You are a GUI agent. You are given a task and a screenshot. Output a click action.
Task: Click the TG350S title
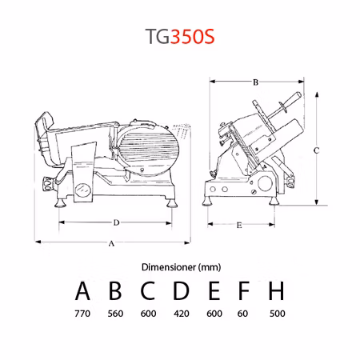(180, 36)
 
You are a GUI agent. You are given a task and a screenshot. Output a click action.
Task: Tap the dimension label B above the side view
(255, 82)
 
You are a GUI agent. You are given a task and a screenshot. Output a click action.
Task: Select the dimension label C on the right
(316, 150)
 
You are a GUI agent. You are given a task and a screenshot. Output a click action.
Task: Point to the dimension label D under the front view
(116, 222)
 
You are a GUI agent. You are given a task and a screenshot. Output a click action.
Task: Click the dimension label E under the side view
(239, 226)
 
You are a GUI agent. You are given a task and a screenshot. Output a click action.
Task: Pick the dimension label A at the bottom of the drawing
(111, 243)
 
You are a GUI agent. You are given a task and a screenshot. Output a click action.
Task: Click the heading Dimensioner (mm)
(181, 267)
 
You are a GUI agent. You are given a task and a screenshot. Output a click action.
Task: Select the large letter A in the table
(82, 290)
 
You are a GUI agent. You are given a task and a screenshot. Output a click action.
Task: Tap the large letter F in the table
(243, 290)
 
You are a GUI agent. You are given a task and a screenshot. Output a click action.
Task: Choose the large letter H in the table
(276, 290)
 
